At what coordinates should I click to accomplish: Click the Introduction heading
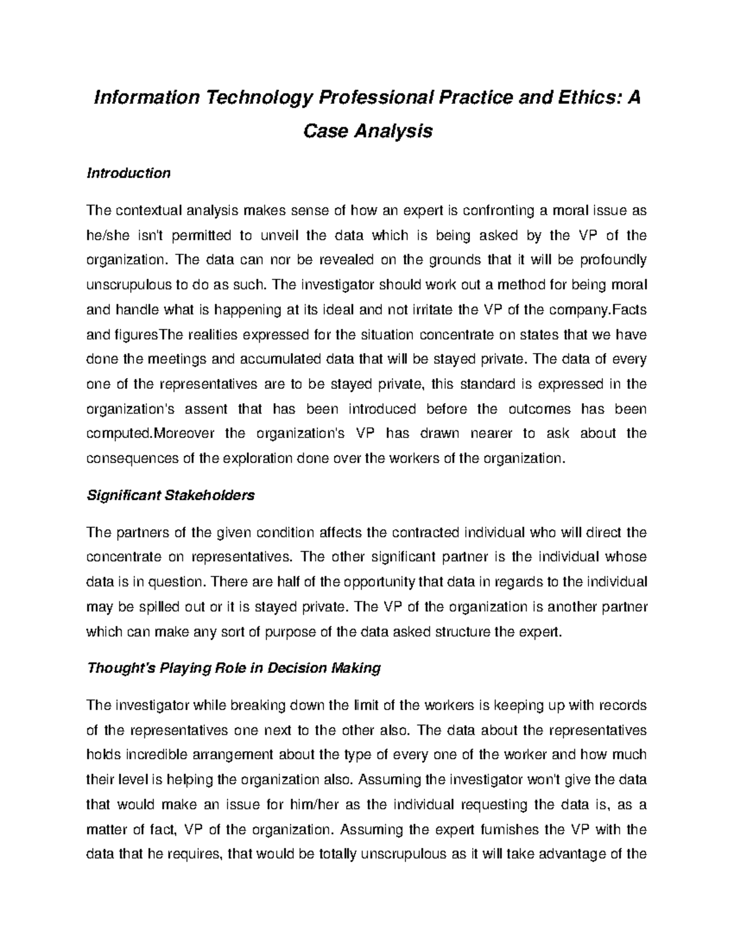(x=128, y=174)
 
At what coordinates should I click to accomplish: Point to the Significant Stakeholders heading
(x=171, y=495)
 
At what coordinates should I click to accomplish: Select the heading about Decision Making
(x=234, y=668)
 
